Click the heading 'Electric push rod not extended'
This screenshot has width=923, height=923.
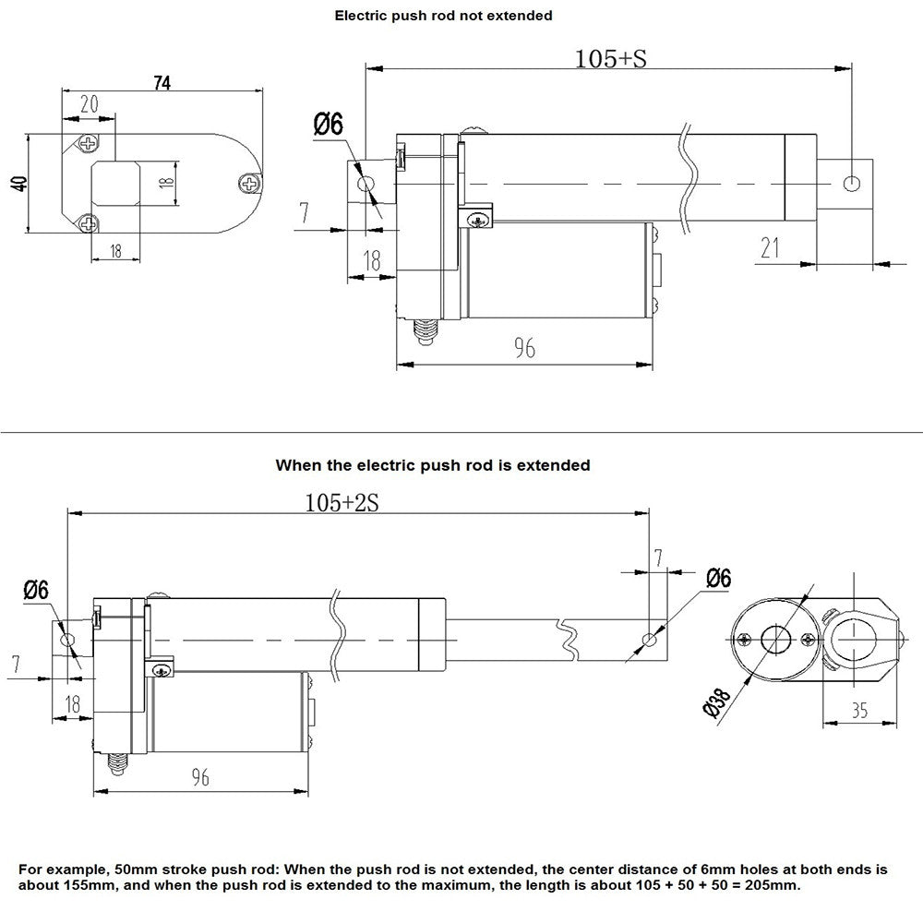click(x=443, y=15)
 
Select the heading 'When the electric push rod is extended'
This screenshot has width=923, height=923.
click(x=432, y=465)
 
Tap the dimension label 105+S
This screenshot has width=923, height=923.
click(x=610, y=58)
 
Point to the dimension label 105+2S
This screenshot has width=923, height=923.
click(x=342, y=502)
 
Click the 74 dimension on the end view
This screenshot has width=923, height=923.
click(x=162, y=82)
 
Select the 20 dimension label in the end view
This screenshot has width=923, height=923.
click(x=90, y=104)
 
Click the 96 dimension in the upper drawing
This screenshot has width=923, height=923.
click(x=525, y=348)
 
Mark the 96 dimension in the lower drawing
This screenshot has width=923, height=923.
click(x=199, y=777)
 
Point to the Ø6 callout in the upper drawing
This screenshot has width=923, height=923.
click(x=328, y=124)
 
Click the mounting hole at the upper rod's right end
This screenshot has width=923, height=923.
click(x=853, y=182)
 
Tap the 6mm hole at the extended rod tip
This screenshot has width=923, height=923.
click(x=652, y=639)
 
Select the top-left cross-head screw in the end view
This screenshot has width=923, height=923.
click(x=89, y=144)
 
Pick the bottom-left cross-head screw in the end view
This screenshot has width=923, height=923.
click(x=89, y=222)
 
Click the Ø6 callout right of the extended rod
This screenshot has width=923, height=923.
click(x=717, y=579)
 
